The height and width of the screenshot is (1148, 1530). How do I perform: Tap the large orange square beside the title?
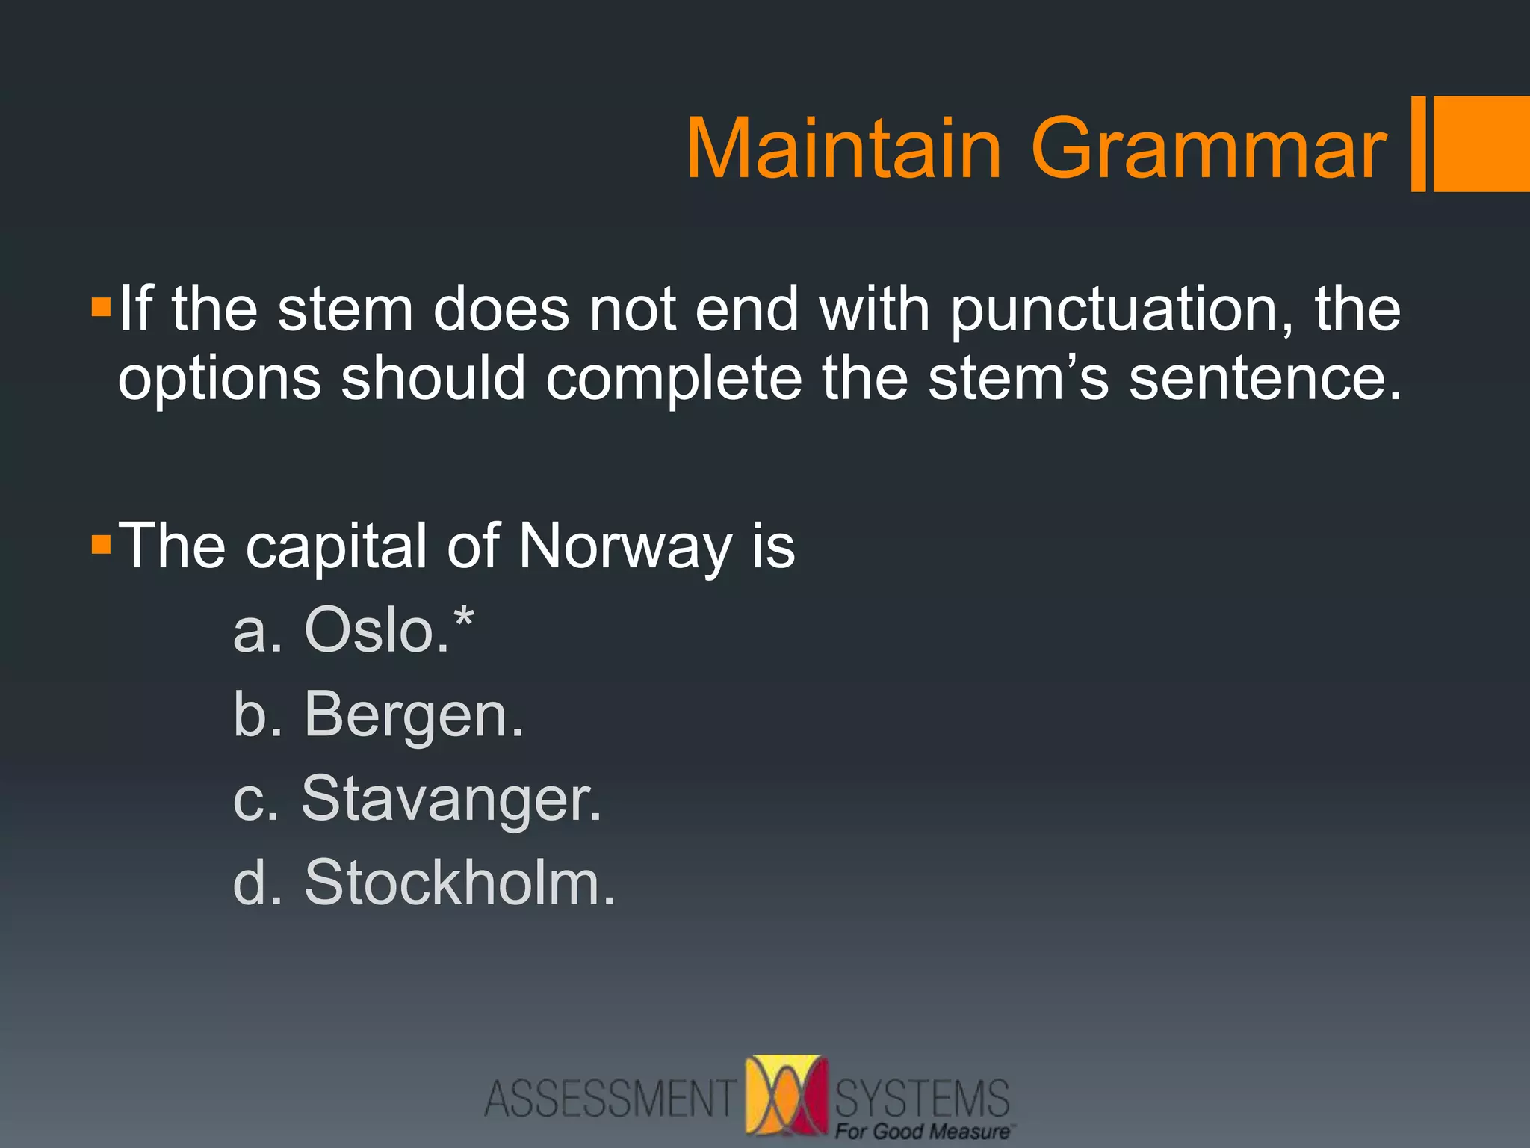pyautogui.click(x=1481, y=143)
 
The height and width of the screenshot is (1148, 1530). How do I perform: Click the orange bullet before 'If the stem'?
pyautogui.click(x=101, y=307)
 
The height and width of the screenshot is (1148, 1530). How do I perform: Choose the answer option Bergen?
pyautogui.click(x=413, y=716)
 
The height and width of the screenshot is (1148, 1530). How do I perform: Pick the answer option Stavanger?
pyautogui.click(x=450, y=799)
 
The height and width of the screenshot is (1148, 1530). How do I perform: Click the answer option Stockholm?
pyautogui.click(x=459, y=883)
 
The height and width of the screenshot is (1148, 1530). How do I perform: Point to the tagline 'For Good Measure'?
pyautogui.click(x=922, y=1132)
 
